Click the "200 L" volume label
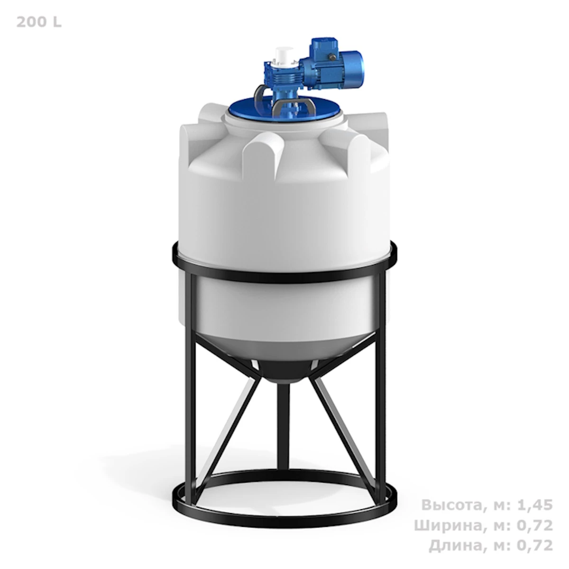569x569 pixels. coord(39,22)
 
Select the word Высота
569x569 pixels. coord(450,505)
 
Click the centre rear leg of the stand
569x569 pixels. coord(284,427)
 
